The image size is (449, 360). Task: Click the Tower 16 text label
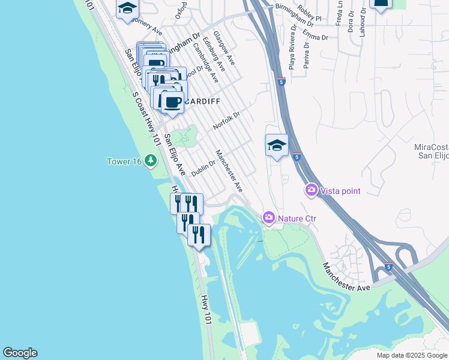point(124,161)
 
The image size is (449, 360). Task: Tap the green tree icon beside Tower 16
point(151,160)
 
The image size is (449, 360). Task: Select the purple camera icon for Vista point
point(312,190)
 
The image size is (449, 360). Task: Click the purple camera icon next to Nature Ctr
point(269,217)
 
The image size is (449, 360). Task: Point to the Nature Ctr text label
point(297,218)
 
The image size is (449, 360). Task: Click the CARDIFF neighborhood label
point(203,101)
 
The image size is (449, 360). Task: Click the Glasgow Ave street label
point(224,49)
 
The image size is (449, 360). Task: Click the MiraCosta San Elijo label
point(432,151)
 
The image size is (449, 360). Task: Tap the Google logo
point(20,353)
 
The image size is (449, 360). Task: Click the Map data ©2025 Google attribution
point(412,355)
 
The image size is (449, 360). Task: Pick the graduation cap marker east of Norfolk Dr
point(277,146)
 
